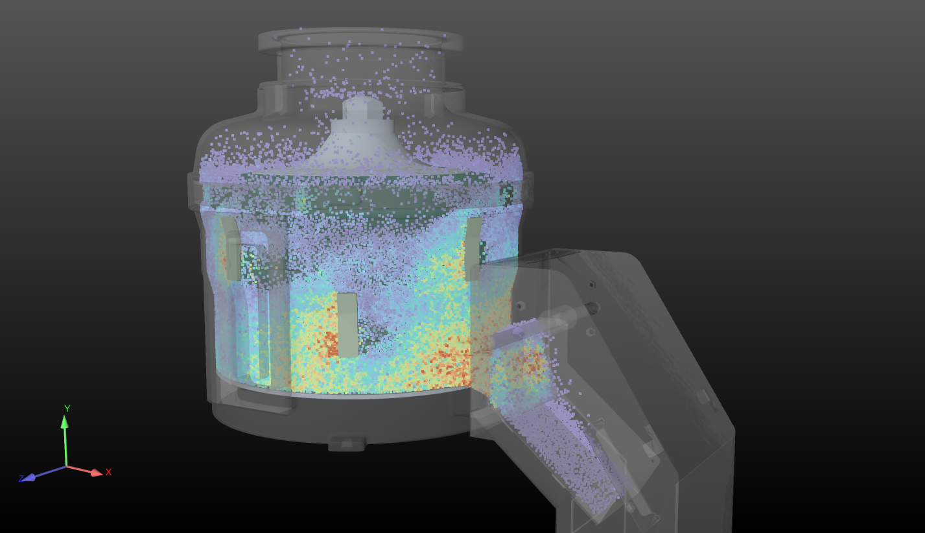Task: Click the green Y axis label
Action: pyautogui.click(x=67, y=409)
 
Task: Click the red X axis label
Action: pyautogui.click(x=109, y=472)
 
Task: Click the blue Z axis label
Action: pyautogui.click(x=21, y=479)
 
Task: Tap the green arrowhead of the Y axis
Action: pyautogui.click(x=64, y=422)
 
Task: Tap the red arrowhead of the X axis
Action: pyautogui.click(x=97, y=472)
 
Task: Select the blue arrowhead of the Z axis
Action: pyautogui.click(x=29, y=478)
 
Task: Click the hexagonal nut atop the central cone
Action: pyautogui.click(x=362, y=108)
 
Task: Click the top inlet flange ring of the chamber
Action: pyautogui.click(x=360, y=40)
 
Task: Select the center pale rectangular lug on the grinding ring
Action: pyautogui.click(x=347, y=325)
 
